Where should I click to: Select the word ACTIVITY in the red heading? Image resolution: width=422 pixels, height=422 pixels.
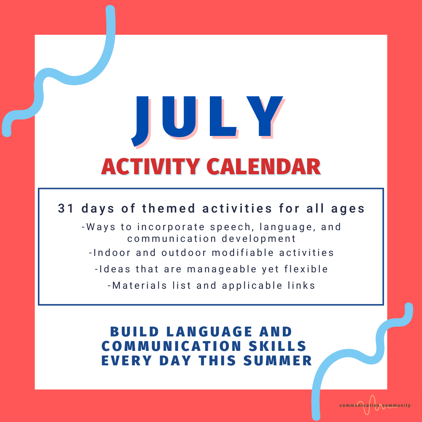coord(150,167)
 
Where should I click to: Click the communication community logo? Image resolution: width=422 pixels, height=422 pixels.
coord(375,405)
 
